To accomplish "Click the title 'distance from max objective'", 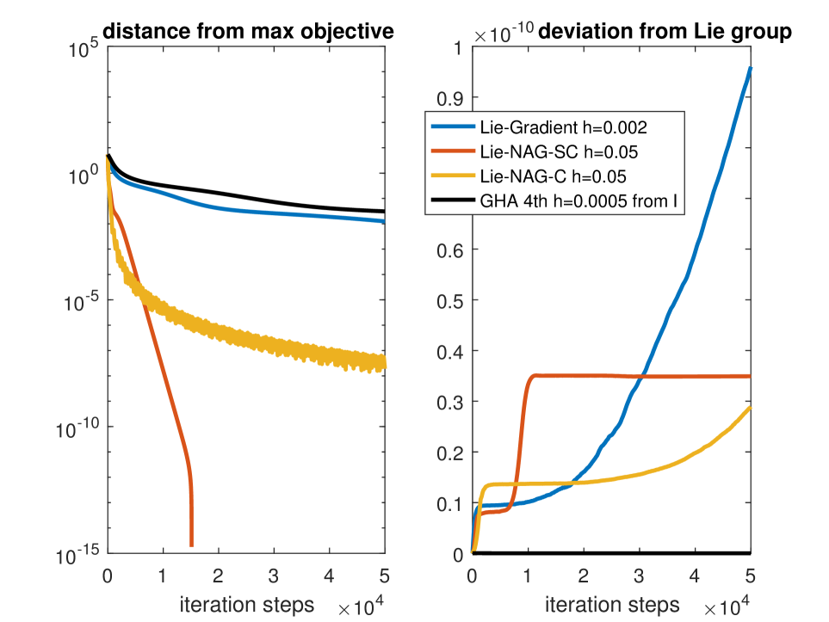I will (x=248, y=32).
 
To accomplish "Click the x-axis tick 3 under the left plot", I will (x=274, y=575).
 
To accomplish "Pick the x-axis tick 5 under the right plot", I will (x=749, y=575).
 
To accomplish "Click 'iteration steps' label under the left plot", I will (x=246, y=603).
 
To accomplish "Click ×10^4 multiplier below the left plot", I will (x=361, y=607).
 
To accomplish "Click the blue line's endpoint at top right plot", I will (x=750, y=67).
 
